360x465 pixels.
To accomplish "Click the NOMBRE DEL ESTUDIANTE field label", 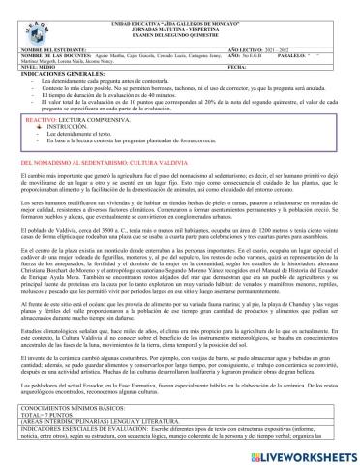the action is coord(58,46).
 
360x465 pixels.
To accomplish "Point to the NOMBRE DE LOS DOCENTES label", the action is coord(59,53).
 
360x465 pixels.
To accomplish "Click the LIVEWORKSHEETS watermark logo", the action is coord(310,452).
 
